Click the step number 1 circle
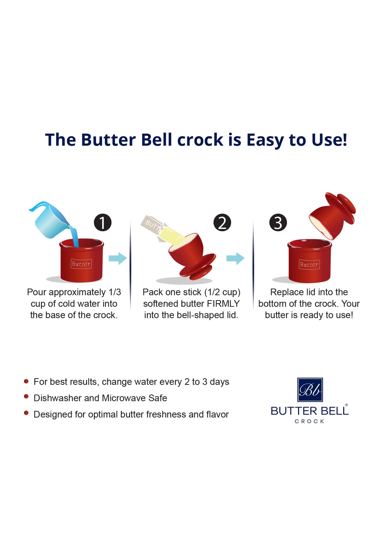point(103,223)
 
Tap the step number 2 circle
point(222,223)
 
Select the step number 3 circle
point(278,223)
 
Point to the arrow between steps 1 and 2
point(117,259)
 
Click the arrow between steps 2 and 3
point(235,259)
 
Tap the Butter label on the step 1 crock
point(81,264)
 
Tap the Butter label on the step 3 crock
point(309,264)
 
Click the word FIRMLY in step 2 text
point(223,303)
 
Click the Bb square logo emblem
point(310,390)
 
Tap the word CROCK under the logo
point(309,421)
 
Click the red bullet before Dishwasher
point(26,397)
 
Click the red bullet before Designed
point(26,413)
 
